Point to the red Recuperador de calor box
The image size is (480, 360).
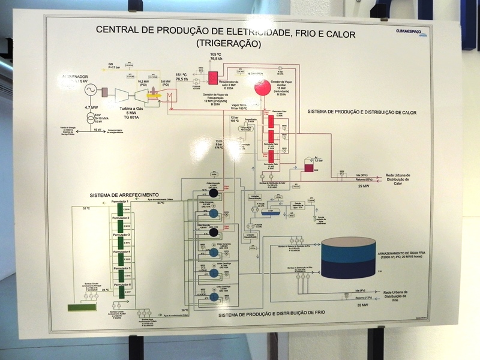coord(213,77)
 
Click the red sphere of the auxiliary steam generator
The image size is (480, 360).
coord(262,88)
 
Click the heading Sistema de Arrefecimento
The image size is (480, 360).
coord(124,196)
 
